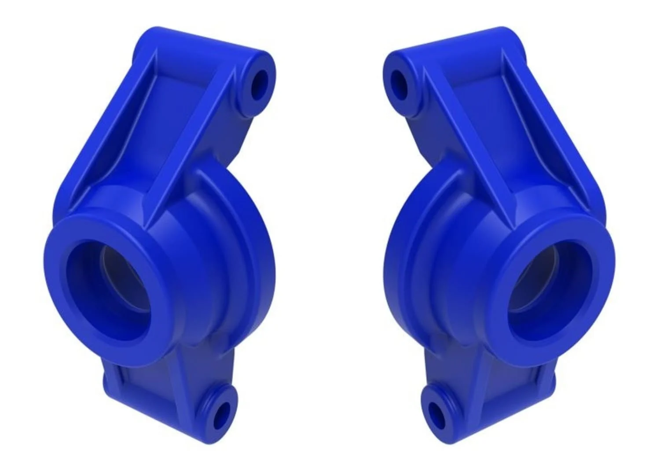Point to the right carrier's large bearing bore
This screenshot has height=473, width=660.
pos(550,291)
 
